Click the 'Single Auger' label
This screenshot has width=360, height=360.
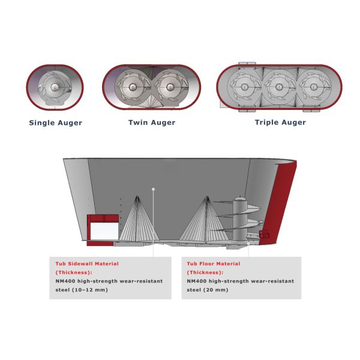point(56,123)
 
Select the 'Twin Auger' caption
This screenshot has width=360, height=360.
point(152,123)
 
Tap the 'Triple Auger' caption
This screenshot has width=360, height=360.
point(280,122)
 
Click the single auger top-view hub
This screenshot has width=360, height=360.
point(55,88)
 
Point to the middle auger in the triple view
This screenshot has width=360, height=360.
point(280,87)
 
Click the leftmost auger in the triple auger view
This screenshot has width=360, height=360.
point(245,87)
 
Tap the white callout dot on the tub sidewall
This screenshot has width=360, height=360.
point(153,190)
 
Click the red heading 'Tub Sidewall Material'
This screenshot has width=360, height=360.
point(87,263)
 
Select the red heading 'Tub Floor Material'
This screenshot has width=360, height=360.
point(214,263)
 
